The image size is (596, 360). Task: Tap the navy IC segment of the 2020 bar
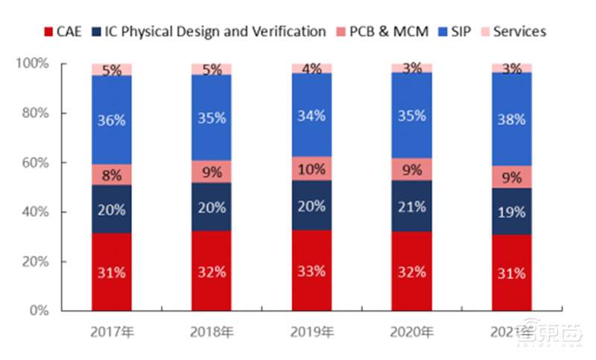pyautogui.click(x=411, y=206)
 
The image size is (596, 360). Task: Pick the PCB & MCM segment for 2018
pyautogui.click(x=212, y=171)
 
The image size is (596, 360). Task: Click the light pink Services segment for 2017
pyautogui.click(x=112, y=69)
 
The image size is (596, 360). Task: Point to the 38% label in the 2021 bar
pyautogui.click(x=511, y=119)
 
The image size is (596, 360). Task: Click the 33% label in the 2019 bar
pyautogui.click(x=311, y=271)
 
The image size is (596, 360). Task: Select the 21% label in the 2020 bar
pyautogui.click(x=411, y=206)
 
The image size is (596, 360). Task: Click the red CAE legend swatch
pyautogui.click(x=49, y=31)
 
